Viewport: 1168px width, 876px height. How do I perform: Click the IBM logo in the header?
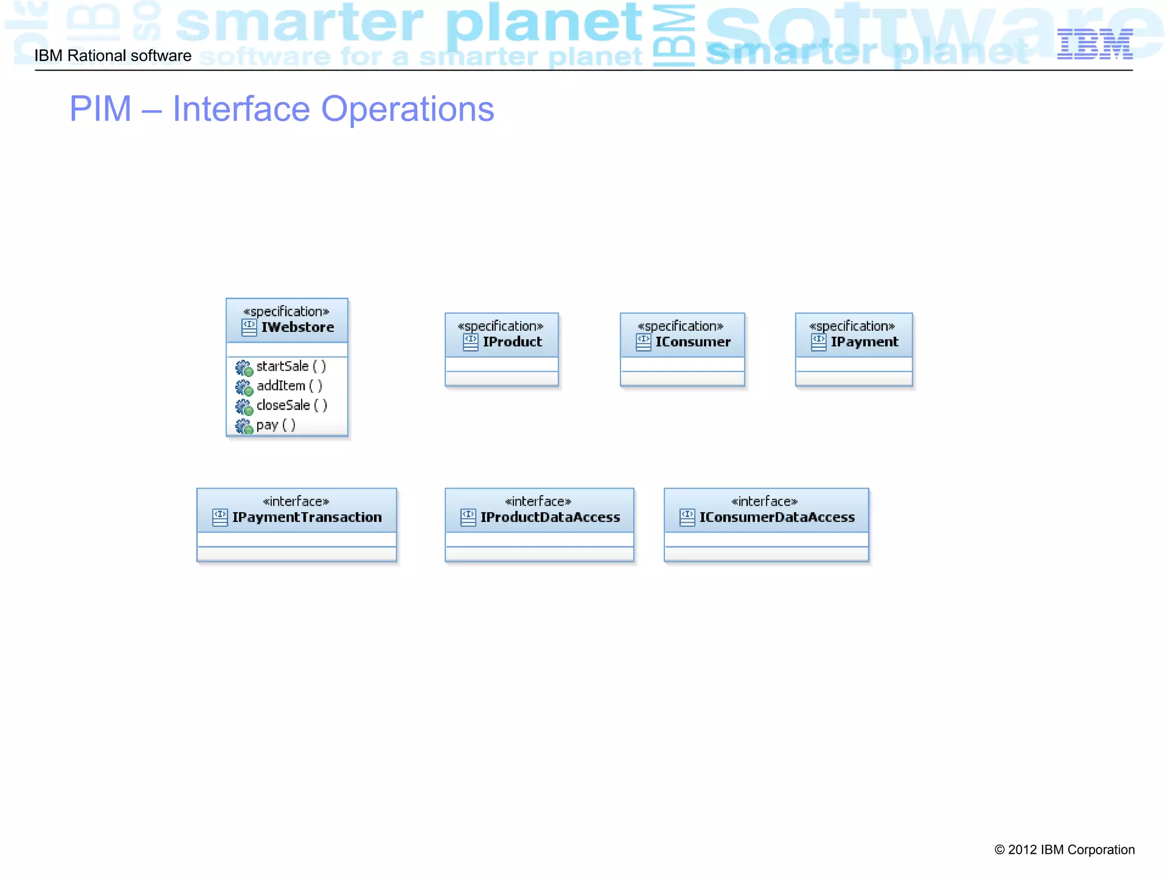1094,44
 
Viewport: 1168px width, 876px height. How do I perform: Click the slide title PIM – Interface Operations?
282,109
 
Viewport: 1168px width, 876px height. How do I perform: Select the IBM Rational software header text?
113,56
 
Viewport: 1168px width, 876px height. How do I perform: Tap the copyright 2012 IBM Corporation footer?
1064,850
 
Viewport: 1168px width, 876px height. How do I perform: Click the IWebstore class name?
297,327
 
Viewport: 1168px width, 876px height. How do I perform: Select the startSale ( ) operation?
291,366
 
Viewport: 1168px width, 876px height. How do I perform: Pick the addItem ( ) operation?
289,386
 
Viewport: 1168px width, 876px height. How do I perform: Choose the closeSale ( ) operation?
291,405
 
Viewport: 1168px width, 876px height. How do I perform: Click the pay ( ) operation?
275,425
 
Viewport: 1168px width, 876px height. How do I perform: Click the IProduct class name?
512,342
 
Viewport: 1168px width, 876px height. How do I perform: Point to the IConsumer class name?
692,342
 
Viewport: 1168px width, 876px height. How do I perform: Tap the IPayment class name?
864,342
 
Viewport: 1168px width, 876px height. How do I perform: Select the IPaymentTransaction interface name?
307,517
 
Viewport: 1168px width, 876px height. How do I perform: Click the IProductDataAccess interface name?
550,517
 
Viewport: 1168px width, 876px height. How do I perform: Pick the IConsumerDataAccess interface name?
777,517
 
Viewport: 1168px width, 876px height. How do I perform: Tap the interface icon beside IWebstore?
249,327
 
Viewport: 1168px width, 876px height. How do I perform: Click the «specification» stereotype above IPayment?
852,326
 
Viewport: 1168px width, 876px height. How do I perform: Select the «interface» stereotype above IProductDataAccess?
538,501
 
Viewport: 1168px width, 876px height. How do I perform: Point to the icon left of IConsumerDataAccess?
687,517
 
